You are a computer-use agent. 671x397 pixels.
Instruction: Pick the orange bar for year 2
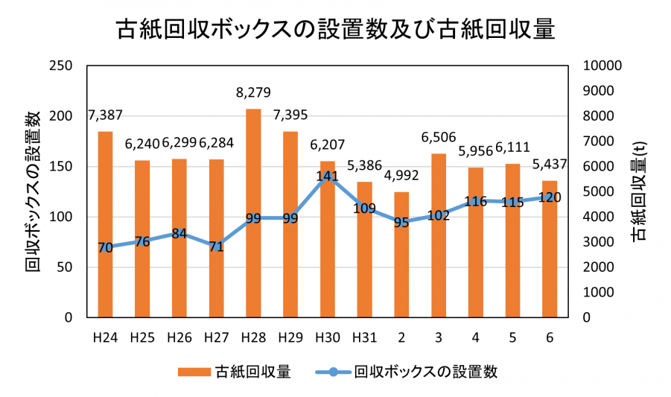click(x=401, y=254)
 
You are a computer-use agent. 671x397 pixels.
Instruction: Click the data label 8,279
click(x=253, y=93)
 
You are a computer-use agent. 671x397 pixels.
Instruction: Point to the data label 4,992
click(x=401, y=176)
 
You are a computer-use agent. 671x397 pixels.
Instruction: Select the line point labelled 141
click(x=328, y=176)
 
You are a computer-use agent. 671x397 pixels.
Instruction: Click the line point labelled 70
click(x=105, y=247)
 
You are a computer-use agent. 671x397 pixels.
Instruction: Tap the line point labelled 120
click(x=550, y=197)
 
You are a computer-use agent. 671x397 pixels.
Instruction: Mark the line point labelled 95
click(x=401, y=222)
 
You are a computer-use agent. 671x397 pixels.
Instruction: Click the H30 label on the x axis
click(x=328, y=337)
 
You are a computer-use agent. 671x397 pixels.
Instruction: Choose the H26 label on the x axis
click(x=179, y=337)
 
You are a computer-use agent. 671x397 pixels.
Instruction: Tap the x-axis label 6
click(x=550, y=337)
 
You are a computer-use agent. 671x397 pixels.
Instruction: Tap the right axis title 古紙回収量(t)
click(x=638, y=191)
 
